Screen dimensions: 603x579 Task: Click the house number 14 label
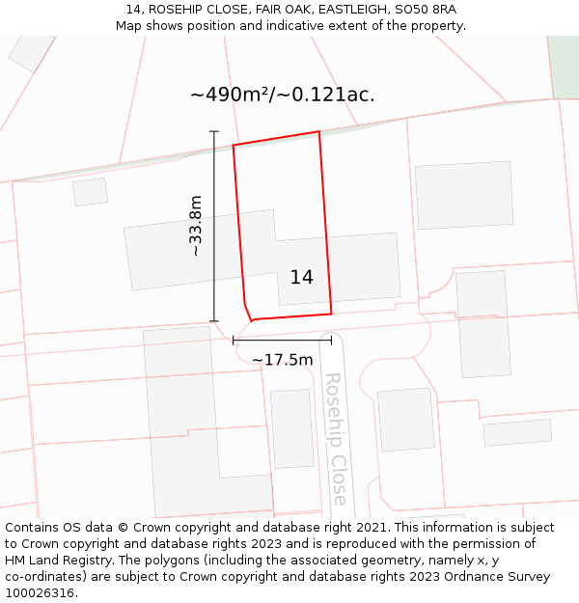[x=301, y=278]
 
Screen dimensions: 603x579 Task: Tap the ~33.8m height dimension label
[x=196, y=226]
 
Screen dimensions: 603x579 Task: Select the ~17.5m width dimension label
[x=282, y=360]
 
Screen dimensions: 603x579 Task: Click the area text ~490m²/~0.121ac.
[x=282, y=95]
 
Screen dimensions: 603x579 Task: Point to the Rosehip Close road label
[x=335, y=439]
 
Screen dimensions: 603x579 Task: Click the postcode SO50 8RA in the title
[x=426, y=10]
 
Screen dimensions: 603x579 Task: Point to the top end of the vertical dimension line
[x=214, y=131]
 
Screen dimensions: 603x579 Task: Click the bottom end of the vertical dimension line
[x=214, y=321]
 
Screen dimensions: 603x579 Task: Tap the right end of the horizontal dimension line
[x=331, y=340]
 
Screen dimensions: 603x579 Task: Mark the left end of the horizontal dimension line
[x=234, y=340]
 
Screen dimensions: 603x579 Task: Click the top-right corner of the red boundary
[x=318, y=131]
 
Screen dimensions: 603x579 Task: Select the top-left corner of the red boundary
[x=234, y=146]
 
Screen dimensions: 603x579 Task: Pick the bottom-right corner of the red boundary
[x=331, y=314]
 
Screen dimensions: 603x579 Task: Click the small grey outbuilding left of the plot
[x=90, y=192]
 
